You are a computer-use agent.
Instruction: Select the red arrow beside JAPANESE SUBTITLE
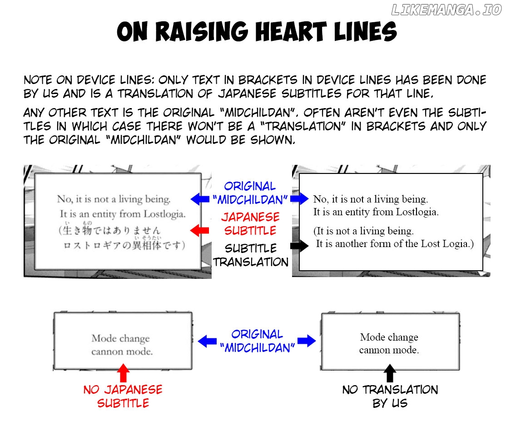point(197,231)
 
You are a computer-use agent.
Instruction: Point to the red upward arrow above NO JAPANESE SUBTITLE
point(123,373)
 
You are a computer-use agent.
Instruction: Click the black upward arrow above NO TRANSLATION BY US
point(389,373)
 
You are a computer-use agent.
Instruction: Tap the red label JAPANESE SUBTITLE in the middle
point(250,224)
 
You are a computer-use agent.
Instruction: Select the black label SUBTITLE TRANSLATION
point(251,255)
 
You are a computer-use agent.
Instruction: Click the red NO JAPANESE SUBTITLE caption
point(123,396)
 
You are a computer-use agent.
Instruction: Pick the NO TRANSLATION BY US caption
point(390,396)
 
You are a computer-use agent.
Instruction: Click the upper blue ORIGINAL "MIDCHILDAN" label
point(250,193)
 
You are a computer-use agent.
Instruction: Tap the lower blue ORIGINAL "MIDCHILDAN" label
point(257,341)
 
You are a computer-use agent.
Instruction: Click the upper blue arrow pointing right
point(300,199)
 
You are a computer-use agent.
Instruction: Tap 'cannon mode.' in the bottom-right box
point(389,350)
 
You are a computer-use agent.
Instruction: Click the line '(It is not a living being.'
point(363,231)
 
